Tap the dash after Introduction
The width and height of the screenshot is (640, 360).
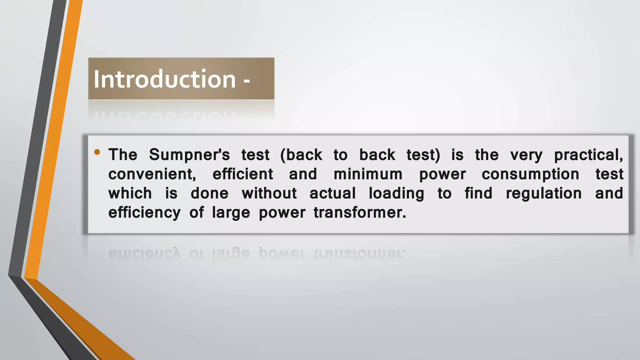point(247,81)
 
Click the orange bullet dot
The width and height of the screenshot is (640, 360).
point(97,152)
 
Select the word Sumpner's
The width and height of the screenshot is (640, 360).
point(189,155)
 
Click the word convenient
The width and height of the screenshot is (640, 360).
point(152,174)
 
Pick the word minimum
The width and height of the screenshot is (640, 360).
point(368,174)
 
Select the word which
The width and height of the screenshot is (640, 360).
point(130,193)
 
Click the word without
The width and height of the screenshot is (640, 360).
point(269,193)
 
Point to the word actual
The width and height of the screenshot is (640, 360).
point(332,193)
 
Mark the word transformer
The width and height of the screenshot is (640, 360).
point(360,212)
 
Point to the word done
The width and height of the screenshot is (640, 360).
point(209,193)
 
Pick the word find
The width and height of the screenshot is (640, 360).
point(478,193)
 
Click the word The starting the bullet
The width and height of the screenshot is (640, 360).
point(123,155)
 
